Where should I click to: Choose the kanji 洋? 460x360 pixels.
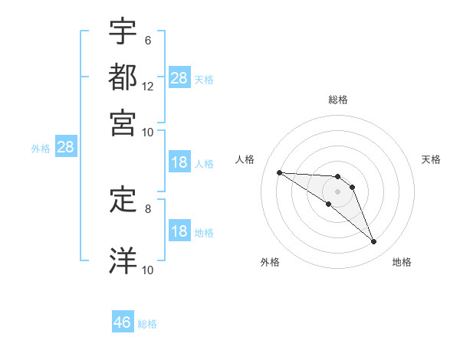tap(123, 259)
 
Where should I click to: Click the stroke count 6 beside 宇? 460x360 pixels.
tap(148, 40)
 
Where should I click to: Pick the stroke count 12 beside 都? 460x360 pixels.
tap(148, 86)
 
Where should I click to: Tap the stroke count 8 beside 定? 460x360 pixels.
tap(148, 208)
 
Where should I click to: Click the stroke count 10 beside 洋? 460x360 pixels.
tap(148, 269)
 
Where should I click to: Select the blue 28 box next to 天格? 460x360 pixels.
tap(179, 78)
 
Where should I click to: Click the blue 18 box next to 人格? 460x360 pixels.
tap(179, 162)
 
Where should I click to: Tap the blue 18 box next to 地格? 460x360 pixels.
tap(179, 231)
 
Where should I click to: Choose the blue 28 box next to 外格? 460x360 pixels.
tap(65, 148)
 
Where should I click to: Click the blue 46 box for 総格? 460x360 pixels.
tap(123, 322)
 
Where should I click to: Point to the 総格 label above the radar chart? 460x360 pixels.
tap(337, 100)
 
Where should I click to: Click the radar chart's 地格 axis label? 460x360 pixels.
tap(402, 262)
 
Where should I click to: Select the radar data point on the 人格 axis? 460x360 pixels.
tap(279, 172)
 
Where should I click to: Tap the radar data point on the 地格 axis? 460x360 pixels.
tap(373, 241)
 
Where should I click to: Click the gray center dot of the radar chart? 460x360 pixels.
tap(337, 191)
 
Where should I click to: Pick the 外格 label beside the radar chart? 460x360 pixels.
tap(270, 262)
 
